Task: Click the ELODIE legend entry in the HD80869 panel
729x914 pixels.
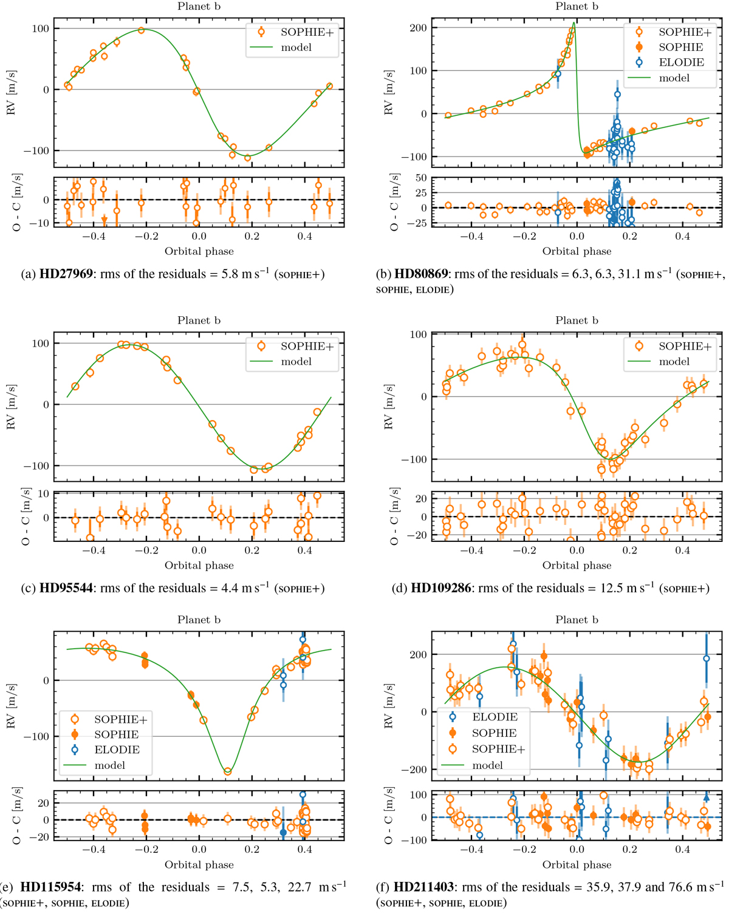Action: tap(681, 63)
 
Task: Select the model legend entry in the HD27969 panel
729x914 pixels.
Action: tap(296, 47)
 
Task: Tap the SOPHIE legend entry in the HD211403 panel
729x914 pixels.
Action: tap(494, 733)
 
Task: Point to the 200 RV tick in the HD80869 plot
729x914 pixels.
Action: tap(419, 28)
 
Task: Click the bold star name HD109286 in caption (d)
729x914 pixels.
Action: tap(441, 588)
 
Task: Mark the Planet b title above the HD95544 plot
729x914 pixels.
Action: tap(199, 320)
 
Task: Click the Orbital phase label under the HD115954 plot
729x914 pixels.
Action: tap(199, 864)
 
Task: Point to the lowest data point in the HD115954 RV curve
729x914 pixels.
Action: tap(228, 771)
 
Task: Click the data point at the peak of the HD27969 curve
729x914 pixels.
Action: tap(142, 30)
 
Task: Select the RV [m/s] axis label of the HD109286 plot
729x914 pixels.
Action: tap(389, 407)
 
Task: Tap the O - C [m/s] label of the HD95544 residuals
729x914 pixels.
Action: tap(26, 516)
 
